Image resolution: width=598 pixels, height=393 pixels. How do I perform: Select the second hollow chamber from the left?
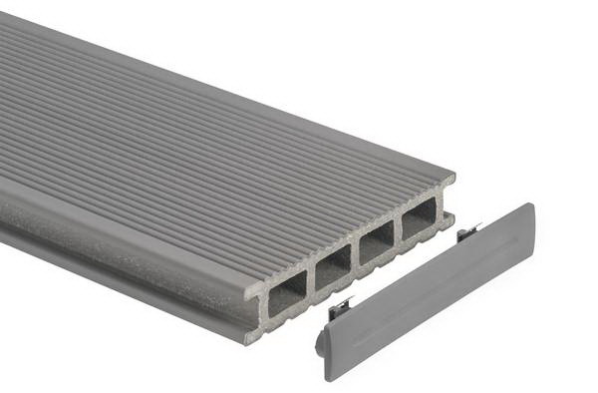[x=334, y=269]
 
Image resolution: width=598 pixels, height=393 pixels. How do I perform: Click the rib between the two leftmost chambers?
[x=312, y=282]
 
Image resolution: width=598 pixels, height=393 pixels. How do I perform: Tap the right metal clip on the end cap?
[x=468, y=232]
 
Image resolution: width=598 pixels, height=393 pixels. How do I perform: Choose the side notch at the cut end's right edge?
[x=449, y=203]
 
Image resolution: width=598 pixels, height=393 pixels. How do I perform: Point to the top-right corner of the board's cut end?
[x=454, y=177]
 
